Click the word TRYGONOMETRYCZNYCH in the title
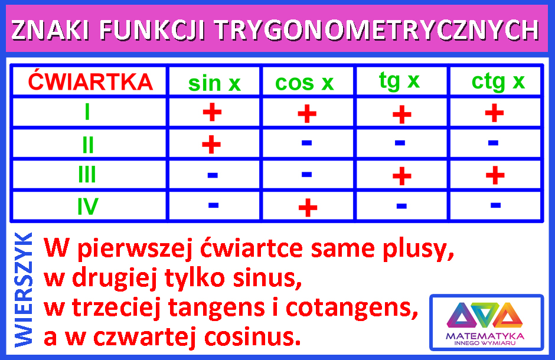point(377,30)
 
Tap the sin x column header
point(214,83)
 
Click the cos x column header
point(305,83)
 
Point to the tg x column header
point(399,81)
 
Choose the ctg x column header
point(498,82)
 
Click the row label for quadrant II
point(88,145)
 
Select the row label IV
point(87,207)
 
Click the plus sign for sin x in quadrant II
point(211,144)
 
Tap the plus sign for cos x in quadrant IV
point(308,207)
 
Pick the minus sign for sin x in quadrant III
point(213,175)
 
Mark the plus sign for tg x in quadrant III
point(402,176)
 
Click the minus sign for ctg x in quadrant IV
point(495,205)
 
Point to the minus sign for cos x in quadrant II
point(306,143)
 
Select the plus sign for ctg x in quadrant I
point(494,113)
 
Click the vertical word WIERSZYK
point(24,290)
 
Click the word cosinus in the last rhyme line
point(253,337)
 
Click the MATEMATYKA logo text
point(485,336)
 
